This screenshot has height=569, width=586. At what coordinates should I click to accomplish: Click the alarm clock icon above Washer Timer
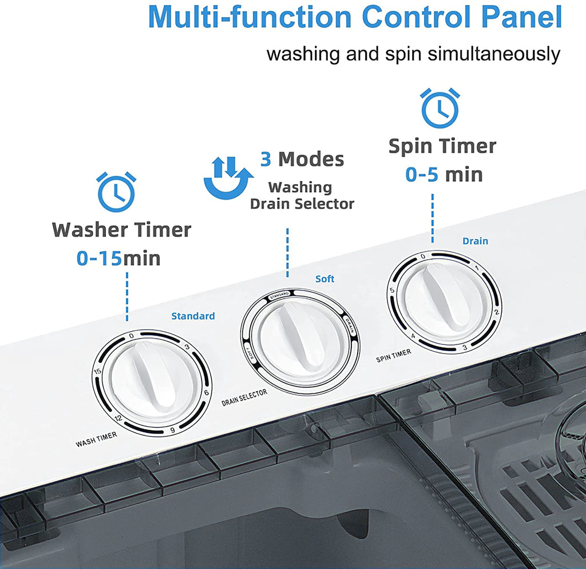(116, 192)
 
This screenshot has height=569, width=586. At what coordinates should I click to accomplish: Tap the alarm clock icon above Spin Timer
(440, 108)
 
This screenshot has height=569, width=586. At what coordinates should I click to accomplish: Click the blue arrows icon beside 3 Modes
(228, 178)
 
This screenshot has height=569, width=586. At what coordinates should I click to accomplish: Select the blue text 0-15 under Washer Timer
(99, 258)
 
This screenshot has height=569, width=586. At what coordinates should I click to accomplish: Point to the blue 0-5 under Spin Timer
(422, 174)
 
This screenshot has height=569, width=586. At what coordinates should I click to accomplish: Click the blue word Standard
(193, 316)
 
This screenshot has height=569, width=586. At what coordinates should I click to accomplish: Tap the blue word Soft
(325, 279)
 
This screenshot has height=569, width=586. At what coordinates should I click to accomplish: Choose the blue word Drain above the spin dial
(476, 241)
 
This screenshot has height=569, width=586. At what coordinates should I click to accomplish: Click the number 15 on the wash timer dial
(97, 371)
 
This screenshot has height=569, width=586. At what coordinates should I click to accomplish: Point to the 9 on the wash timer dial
(172, 430)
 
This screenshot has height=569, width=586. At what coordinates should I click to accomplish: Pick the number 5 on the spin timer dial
(392, 291)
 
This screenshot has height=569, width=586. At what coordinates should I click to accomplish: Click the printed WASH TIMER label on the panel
(96, 439)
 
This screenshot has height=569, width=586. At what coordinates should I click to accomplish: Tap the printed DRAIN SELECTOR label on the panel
(244, 397)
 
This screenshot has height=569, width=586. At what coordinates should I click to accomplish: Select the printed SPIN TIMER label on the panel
(394, 356)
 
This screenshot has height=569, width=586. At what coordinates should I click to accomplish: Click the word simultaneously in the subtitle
(494, 54)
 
